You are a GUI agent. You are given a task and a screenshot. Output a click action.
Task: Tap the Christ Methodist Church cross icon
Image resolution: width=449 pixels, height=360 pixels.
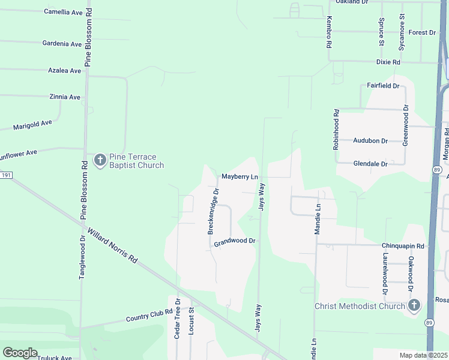pyautogui.click(x=414, y=307)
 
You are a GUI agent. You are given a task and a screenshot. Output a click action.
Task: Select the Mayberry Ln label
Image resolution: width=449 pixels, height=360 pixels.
pyautogui.click(x=240, y=177)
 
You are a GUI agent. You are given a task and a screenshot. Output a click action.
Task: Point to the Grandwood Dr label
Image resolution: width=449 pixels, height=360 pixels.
pyautogui.click(x=235, y=242)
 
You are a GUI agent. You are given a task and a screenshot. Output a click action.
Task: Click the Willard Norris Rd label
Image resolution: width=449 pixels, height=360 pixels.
pyautogui.click(x=112, y=245)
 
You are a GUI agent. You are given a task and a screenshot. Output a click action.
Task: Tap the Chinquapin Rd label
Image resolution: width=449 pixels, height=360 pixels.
pyautogui.click(x=403, y=246)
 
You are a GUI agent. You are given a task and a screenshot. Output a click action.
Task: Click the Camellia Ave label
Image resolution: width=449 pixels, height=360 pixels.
pyautogui.click(x=64, y=12)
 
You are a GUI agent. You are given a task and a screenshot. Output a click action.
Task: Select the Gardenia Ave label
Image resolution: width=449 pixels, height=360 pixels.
pyautogui.click(x=62, y=44)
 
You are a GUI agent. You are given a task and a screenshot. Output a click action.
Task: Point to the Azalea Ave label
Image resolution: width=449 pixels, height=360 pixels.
pyautogui.click(x=64, y=71)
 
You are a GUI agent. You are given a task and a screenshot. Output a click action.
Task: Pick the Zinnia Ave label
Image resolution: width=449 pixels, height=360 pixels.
pyautogui.click(x=65, y=97)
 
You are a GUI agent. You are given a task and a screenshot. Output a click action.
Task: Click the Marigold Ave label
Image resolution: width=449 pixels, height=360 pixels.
pyautogui.click(x=33, y=125)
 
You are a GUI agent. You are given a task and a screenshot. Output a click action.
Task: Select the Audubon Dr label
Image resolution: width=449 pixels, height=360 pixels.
pyautogui.click(x=370, y=141)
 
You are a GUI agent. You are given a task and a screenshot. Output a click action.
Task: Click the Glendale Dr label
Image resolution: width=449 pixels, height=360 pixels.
pyautogui.click(x=370, y=163)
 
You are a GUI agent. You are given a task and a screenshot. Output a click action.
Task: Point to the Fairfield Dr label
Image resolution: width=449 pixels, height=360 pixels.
pyautogui.click(x=383, y=86)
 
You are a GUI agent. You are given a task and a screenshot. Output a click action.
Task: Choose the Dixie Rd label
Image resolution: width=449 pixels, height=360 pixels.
pyautogui.click(x=388, y=62)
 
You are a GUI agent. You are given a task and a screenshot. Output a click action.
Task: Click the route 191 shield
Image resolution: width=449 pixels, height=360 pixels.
pyautogui.click(x=6, y=175)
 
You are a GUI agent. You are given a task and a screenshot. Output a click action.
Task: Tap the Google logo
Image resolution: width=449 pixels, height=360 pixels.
pyautogui.click(x=20, y=353)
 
